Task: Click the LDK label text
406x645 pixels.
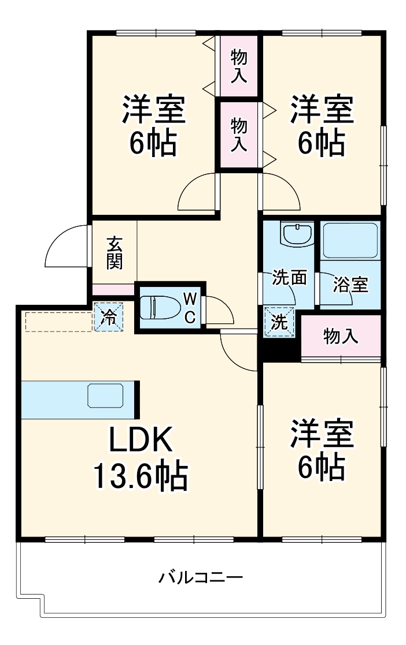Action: [141, 442]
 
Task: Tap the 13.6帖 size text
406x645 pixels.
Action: [140, 477]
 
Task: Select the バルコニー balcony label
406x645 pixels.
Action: [201, 577]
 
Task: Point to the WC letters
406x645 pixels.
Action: [189, 307]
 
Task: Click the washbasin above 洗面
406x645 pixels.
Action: [297, 234]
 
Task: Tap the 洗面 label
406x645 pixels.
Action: [289, 278]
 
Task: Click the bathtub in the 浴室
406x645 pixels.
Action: [350, 240]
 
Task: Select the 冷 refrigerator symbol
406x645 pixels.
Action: [109, 316]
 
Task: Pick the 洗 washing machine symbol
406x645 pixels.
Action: [279, 322]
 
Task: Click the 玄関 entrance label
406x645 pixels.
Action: [114, 252]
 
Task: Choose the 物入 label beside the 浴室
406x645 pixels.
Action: [341, 337]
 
